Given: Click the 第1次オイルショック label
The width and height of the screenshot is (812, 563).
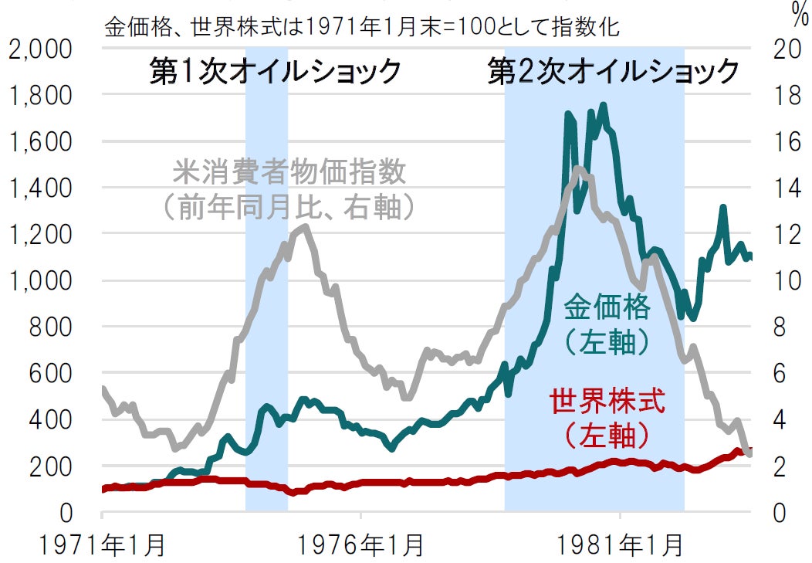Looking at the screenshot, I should coord(276,72).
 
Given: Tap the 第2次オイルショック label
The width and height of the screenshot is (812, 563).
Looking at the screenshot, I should coord(614,72).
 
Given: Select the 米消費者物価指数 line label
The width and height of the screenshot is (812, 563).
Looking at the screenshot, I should coord(289,172).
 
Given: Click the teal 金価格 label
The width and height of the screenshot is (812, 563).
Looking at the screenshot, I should coord(607,307).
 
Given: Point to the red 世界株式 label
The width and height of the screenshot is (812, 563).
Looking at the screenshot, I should coord(607,402).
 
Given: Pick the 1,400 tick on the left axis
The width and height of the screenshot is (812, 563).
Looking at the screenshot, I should coord(51,188).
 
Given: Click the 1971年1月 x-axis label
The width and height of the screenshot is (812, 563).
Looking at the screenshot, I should coord(102,545).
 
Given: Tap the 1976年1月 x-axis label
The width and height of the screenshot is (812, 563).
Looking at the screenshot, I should coord(361,545).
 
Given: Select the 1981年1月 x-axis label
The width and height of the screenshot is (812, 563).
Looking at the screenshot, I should coord(620,545).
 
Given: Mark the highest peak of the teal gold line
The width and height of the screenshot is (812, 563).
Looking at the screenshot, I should coord(603,105).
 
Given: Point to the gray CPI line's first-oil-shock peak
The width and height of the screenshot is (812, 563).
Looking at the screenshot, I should coord(306,226).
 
